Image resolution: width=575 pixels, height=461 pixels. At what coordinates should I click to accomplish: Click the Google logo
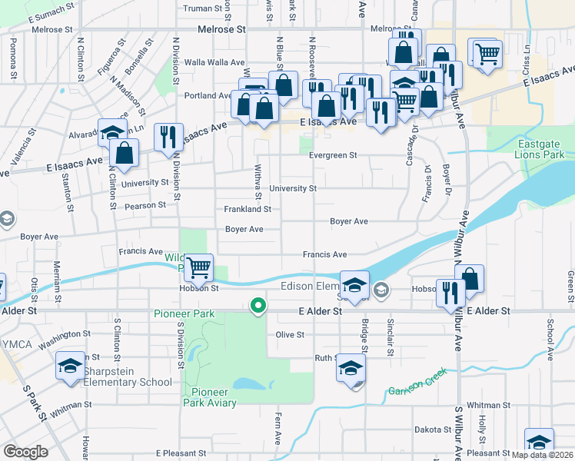coord(25,452)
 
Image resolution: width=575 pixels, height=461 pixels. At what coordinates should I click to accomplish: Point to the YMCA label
coord(16,343)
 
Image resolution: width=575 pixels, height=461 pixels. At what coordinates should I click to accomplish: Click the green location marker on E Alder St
coord(259,306)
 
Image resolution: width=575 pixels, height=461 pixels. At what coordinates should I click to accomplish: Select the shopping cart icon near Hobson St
coord(199,267)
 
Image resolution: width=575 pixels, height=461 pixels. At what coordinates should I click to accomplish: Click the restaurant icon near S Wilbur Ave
coord(450,292)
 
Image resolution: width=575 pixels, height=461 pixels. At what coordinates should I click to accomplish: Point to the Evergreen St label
coord(334,155)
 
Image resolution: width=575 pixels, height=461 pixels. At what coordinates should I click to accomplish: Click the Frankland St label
coord(248,209)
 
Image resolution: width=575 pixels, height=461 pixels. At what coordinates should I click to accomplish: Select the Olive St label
coord(291,335)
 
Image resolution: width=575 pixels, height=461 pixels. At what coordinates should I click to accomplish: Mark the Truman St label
coord(203,9)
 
